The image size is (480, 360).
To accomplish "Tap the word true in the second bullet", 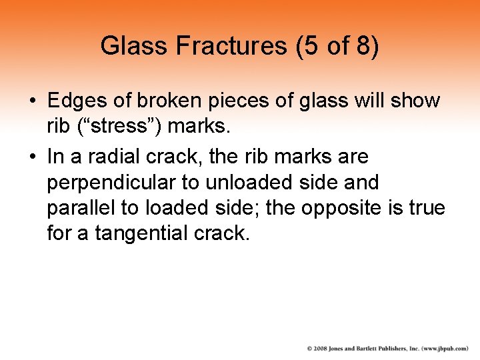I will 427,208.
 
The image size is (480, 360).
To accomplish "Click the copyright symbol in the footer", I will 310,348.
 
